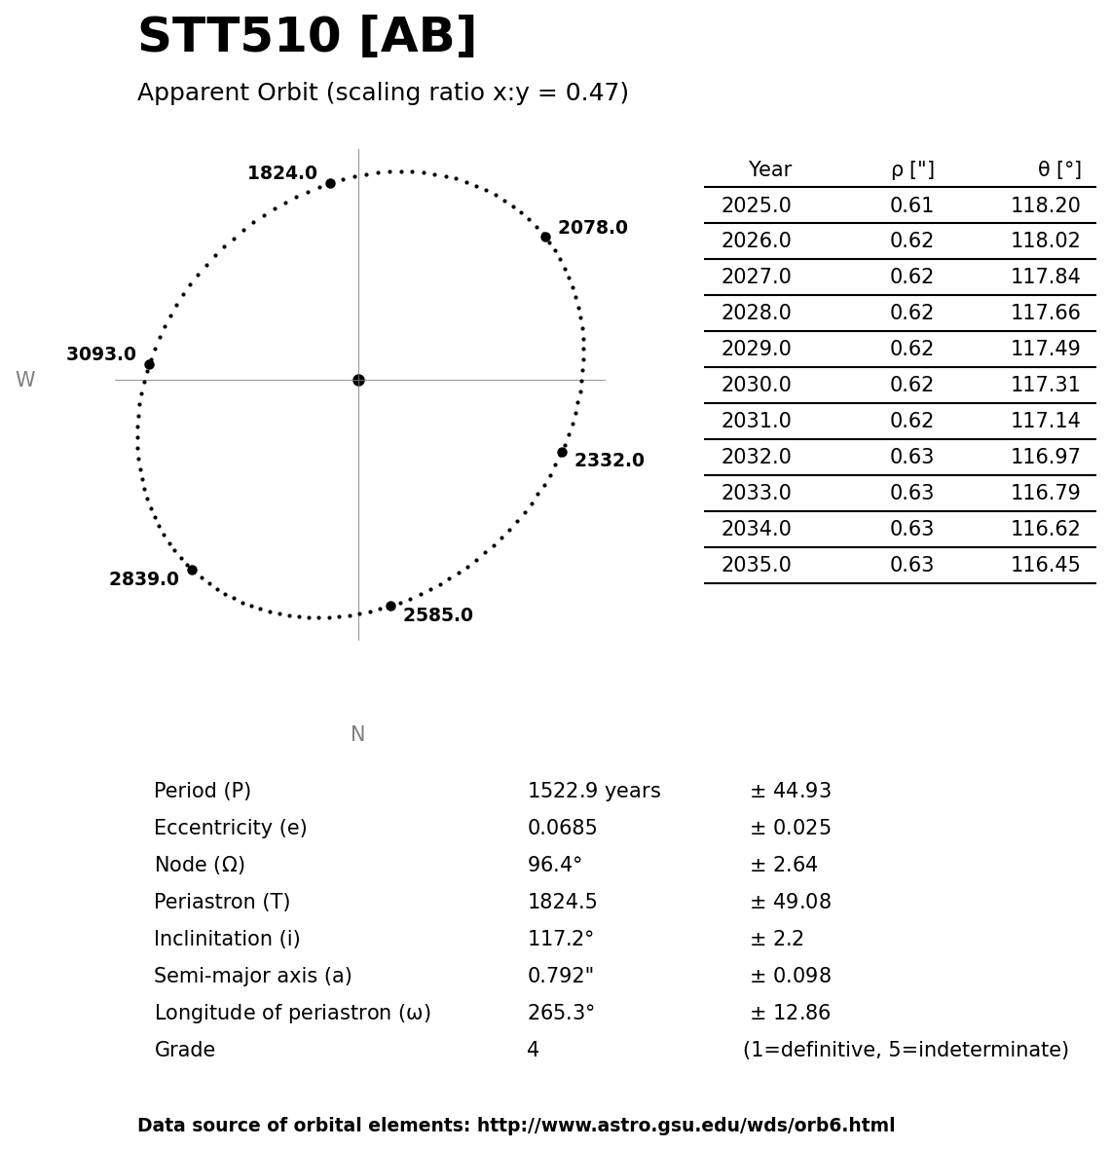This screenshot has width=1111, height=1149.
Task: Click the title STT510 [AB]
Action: (x=307, y=38)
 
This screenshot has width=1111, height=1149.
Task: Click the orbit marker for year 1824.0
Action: (x=330, y=183)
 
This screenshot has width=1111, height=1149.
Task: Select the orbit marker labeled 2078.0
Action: (x=545, y=237)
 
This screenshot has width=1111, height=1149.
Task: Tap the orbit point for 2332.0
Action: (x=562, y=452)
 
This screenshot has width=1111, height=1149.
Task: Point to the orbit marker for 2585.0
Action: (x=390, y=606)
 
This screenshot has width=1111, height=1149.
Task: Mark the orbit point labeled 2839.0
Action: (x=192, y=570)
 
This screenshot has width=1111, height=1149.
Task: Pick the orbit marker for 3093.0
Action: (x=149, y=364)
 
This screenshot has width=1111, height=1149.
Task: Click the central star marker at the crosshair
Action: (x=358, y=380)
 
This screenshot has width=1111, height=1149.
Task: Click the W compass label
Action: (x=25, y=381)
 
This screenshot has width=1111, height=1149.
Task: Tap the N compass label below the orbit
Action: (x=357, y=735)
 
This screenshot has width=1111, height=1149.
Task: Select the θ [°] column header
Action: (x=1058, y=170)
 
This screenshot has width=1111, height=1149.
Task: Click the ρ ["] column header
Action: (x=911, y=170)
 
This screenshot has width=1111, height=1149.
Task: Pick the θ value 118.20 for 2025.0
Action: (x=1045, y=206)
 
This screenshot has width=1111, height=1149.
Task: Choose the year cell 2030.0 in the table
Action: (x=756, y=386)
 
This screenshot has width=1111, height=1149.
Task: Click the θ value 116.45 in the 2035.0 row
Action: (x=1045, y=566)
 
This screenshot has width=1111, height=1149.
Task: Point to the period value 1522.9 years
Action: (x=594, y=792)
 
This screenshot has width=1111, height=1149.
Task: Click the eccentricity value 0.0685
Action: (x=562, y=829)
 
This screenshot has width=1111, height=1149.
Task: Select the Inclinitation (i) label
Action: (x=227, y=940)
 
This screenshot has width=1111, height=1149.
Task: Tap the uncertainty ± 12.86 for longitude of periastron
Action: (x=790, y=1014)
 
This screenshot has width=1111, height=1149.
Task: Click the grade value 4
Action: (x=533, y=1051)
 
